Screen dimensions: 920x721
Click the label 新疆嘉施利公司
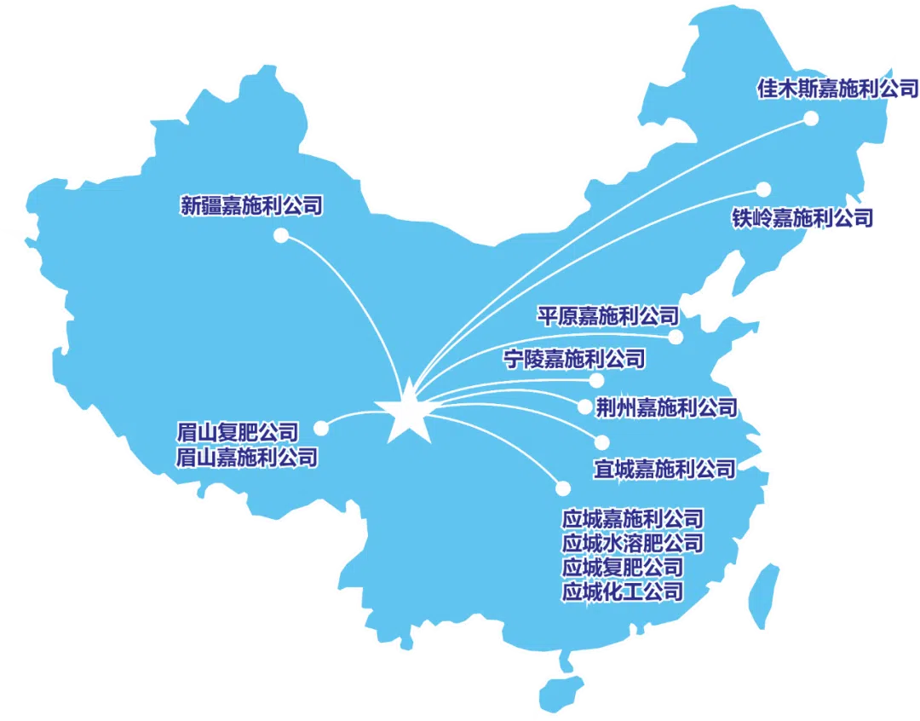[x=251, y=205]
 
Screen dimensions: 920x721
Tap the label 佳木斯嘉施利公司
[x=838, y=89]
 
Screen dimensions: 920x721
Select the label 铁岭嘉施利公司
[x=802, y=218]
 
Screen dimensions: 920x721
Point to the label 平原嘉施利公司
[x=608, y=316]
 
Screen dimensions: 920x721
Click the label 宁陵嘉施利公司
[x=574, y=359]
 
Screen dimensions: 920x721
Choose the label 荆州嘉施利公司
[x=666, y=407]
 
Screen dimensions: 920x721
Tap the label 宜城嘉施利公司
[x=664, y=469]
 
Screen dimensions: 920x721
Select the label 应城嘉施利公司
[x=632, y=519]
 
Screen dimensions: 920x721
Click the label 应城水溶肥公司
[x=632, y=543]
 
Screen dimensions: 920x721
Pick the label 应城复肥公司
[x=623, y=568]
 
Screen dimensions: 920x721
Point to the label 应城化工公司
[x=623, y=591]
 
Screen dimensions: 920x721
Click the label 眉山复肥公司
[x=238, y=433]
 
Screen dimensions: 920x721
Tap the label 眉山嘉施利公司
[x=247, y=458]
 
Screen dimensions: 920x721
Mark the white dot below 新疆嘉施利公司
[x=281, y=235]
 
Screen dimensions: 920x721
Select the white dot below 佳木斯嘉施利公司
[x=811, y=118]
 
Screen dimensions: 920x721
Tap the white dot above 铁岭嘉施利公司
[x=763, y=189]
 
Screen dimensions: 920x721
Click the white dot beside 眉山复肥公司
[x=321, y=428]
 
